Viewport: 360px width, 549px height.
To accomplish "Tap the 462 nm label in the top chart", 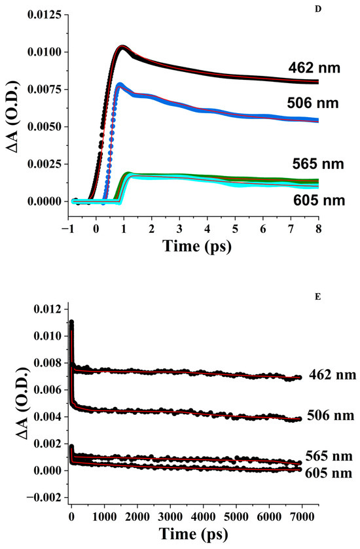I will [310, 67].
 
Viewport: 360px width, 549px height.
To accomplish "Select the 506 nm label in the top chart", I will [310, 103].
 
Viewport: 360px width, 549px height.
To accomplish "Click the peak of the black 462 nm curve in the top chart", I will [122, 46].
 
